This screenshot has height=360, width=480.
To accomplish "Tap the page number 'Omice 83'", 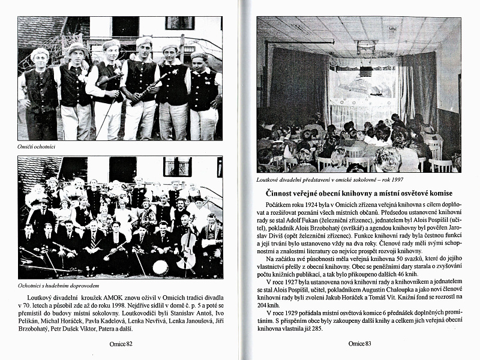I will coord(361,344).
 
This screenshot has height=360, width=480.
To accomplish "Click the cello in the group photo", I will coord(187,254).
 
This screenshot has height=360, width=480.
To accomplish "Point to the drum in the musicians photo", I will coord(160,268).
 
